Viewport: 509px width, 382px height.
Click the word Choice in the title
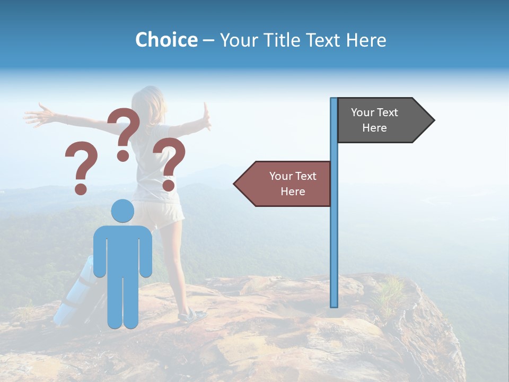point(166,40)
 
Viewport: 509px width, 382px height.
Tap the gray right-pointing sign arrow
point(379,120)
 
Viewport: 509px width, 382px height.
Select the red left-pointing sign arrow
point(286,184)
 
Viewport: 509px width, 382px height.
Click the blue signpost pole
point(334,239)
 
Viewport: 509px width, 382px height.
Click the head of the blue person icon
point(122,211)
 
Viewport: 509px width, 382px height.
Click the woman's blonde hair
point(148,106)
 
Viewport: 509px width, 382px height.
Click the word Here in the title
point(366,40)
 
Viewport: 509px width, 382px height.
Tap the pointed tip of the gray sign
point(433,120)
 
